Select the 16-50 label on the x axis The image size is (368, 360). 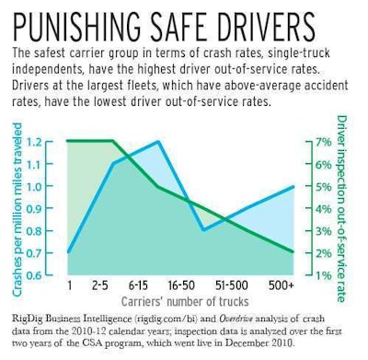[x=203, y=286]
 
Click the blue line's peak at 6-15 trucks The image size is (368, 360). [x=158, y=142]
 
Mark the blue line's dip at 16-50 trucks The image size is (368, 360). [x=203, y=230]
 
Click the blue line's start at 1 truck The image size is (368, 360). [x=69, y=252]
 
